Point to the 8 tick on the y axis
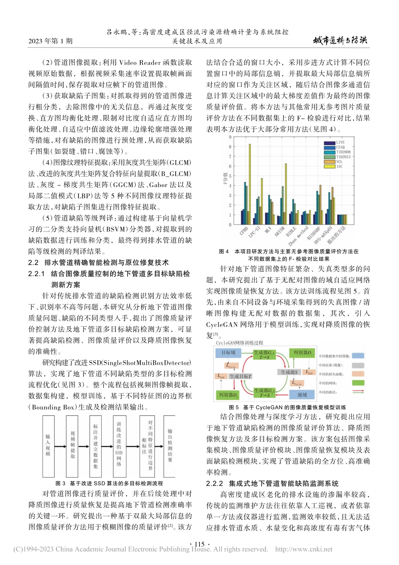230,147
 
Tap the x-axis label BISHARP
314,233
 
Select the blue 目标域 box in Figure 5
228,353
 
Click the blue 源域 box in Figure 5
302,395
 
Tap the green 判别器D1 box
302,353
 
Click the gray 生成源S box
289,372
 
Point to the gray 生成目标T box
240,376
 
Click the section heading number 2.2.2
215,483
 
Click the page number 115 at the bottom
199,544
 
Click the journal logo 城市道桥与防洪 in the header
340,40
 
